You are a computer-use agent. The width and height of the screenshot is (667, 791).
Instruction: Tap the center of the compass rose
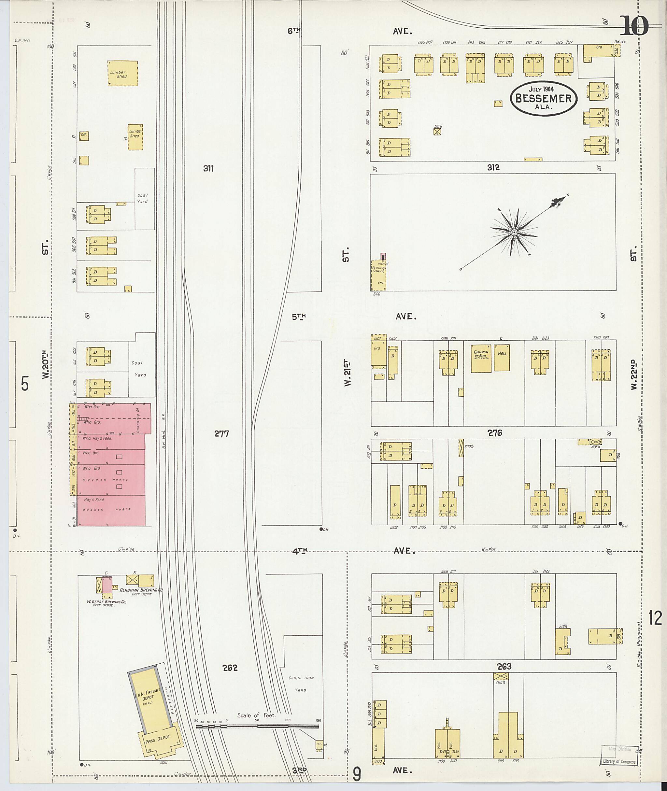pos(514,232)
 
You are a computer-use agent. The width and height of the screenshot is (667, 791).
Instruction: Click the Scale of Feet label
pos(256,715)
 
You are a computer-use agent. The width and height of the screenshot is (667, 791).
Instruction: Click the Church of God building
pos(481,358)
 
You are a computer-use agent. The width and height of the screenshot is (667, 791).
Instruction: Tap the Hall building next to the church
pos(502,357)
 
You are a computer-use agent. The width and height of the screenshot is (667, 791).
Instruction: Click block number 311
pos(208,169)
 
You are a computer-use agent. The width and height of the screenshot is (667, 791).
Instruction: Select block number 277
pos(221,434)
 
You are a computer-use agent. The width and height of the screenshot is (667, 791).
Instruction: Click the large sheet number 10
pos(635,26)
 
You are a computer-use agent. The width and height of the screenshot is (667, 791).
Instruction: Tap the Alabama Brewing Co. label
pos(141,590)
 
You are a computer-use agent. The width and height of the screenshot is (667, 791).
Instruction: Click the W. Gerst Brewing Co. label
pos(106,601)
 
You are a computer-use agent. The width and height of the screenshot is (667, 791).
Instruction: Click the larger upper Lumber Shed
pos(122,73)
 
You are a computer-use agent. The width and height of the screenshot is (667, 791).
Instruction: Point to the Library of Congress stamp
pos(619,761)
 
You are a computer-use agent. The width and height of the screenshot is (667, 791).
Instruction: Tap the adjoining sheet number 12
pos(655,619)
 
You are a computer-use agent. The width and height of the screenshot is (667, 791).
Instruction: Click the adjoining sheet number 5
pos(25,384)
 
